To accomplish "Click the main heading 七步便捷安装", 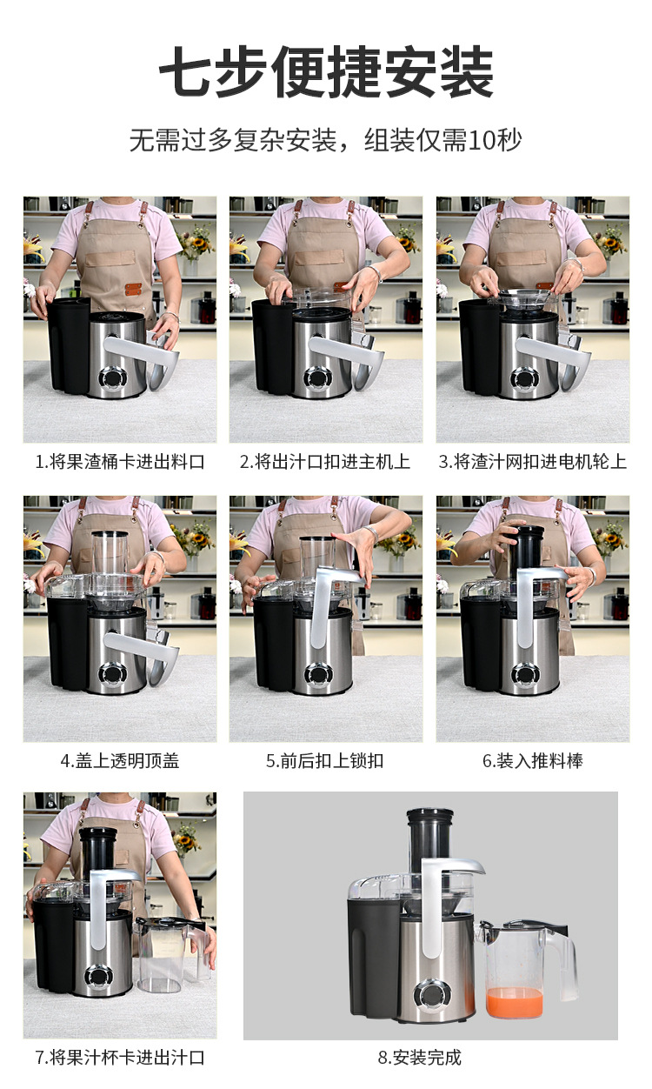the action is coord(327,71).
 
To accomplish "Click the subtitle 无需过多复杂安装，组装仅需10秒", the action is coord(325,141).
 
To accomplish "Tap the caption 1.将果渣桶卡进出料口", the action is coord(120,461).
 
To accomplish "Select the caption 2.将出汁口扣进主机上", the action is coord(325,461).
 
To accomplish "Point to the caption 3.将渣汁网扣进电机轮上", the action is coord(533,461).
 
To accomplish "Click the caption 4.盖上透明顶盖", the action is coord(120,761).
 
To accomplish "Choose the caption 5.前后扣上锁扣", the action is coord(325,761).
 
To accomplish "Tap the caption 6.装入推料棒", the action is coord(533,761).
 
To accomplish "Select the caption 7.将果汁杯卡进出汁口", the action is coord(120,1058).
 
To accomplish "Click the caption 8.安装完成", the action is coord(420,1058).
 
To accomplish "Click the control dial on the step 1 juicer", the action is coord(113,377).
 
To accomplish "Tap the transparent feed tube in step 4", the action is coord(110,553).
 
